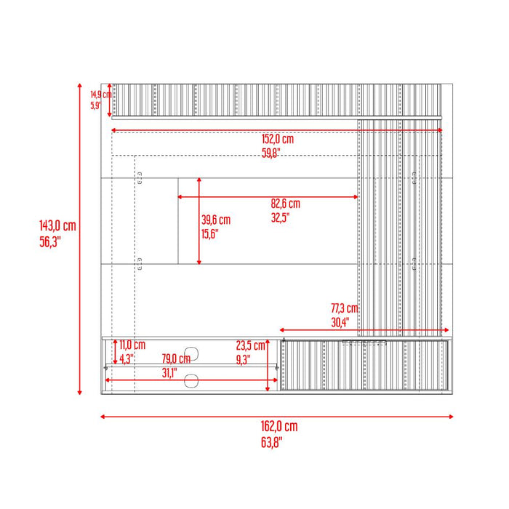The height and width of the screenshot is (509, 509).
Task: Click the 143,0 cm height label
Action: pos(57,226)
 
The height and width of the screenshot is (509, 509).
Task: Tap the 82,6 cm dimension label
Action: pos(285,204)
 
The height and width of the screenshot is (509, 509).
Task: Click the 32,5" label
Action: pos(280,217)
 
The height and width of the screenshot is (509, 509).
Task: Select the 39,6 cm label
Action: pos(216,220)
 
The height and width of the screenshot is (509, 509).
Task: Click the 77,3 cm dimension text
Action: pos(345,308)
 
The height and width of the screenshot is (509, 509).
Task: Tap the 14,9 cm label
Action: pos(100,95)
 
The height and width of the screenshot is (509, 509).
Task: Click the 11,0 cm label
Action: pos(132,345)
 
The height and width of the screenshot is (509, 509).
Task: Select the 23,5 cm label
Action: pos(250,345)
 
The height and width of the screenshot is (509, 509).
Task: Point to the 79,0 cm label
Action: pos(175,358)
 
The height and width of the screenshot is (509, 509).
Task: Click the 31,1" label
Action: pos(168,373)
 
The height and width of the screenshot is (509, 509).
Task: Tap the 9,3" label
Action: pos(243,358)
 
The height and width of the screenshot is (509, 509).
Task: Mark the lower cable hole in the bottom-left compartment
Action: pos(193,380)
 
